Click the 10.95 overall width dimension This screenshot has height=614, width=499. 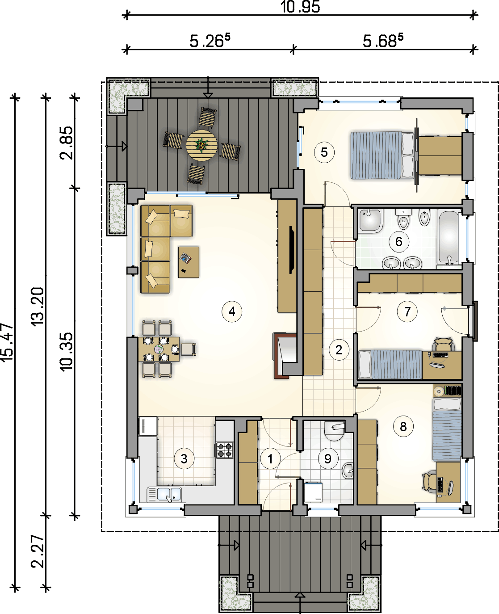300,7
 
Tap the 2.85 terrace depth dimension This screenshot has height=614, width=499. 66,143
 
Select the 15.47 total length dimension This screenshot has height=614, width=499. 7,342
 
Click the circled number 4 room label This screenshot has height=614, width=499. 232,311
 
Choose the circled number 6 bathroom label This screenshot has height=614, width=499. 399,242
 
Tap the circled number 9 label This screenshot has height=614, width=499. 328,458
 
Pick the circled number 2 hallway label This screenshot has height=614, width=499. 339,350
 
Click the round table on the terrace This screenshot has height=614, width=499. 201,145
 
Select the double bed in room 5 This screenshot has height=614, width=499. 382,155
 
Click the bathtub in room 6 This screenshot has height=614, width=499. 449,237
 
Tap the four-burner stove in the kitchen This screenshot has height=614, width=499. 225,450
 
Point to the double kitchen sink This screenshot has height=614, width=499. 164,494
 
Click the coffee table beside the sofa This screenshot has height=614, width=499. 189,262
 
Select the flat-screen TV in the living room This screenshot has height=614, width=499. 292,250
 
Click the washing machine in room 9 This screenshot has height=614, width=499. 314,492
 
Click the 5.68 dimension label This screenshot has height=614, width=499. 382,41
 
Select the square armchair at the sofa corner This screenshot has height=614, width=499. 181,221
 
